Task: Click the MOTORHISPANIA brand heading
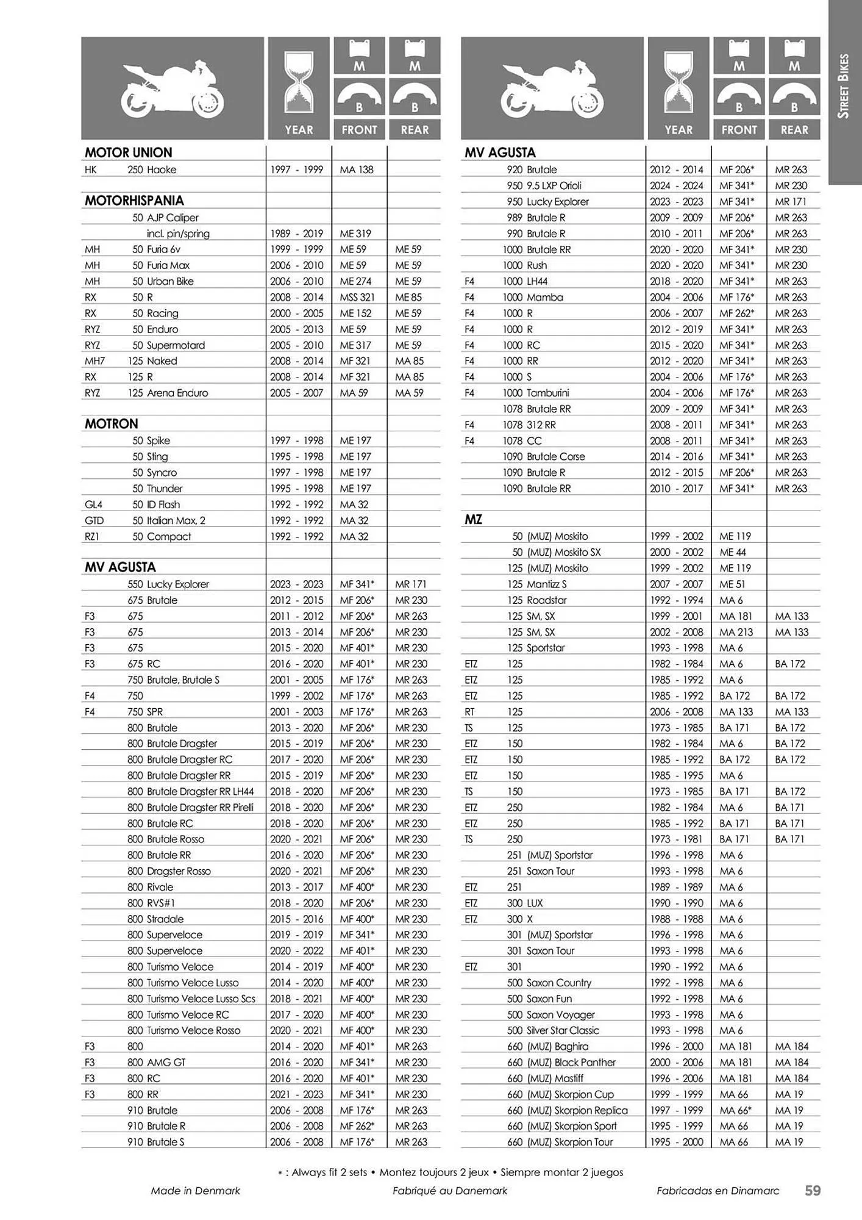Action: click(x=134, y=201)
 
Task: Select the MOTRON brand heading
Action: click(x=112, y=424)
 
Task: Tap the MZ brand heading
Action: click(x=474, y=520)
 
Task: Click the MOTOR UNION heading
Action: click(x=129, y=152)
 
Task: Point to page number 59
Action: click(x=813, y=1190)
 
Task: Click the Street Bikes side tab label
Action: click(x=844, y=86)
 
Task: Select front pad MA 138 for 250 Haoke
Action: click(x=357, y=170)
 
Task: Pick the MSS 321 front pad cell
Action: click(x=357, y=297)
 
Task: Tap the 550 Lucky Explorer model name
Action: click(x=168, y=584)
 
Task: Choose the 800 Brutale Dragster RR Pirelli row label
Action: click(x=190, y=807)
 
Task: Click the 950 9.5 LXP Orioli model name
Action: click(x=544, y=185)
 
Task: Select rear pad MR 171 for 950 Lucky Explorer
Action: click(x=791, y=201)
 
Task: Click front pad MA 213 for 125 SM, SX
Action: click(x=736, y=632)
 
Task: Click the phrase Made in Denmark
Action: click(x=196, y=1190)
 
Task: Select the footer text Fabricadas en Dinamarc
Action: click(x=718, y=1190)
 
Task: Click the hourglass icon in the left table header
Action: click(x=299, y=83)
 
